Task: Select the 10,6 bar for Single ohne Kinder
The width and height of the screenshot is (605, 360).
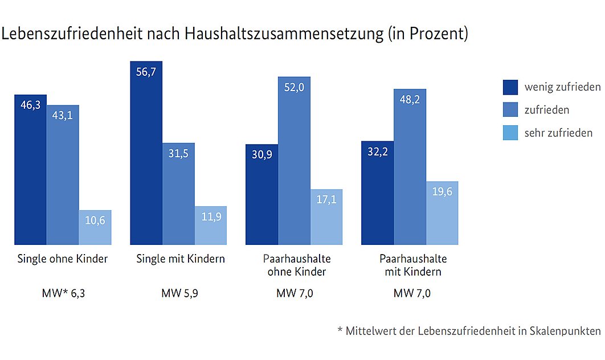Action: click(x=95, y=227)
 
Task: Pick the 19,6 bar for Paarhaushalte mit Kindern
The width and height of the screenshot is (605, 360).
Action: click(x=442, y=213)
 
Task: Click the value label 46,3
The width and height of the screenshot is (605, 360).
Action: click(x=30, y=105)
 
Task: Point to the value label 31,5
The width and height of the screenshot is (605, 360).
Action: click(x=178, y=154)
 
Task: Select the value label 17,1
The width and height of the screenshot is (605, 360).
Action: click(x=326, y=200)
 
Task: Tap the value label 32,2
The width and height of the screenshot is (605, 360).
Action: click(x=377, y=152)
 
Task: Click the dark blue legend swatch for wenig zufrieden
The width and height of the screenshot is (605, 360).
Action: click(x=510, y=87)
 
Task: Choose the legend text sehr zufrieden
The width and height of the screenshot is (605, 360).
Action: click(x=558, y=133)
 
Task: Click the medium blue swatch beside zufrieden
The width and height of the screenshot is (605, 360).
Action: click(x=510, y=110)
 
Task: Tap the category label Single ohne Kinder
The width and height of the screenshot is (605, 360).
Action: click(x=63, y=259)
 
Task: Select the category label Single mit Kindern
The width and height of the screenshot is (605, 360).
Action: click(x=181, y=259)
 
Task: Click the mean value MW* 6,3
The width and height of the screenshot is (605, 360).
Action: click(x=63, y=294)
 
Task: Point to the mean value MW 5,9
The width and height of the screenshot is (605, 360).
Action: click(x=180, y=294)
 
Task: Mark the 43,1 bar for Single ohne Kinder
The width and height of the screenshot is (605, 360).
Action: click(x=63, y=175)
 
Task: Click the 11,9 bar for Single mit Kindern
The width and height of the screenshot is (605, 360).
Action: click(x=211, y=226)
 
